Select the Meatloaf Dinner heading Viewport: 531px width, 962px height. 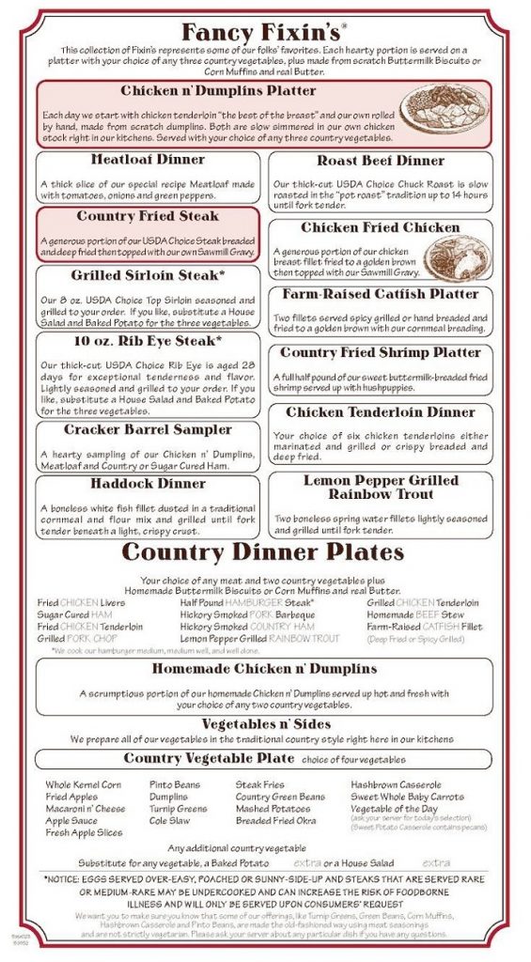click(148, 160)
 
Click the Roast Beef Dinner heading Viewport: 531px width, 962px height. click(381, 161)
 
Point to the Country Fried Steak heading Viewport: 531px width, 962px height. click(148, 218)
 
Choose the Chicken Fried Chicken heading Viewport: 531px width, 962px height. click(381, 227)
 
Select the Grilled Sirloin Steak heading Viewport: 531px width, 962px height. click(148, 276)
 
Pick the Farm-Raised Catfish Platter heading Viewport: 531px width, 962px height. click(381, 294)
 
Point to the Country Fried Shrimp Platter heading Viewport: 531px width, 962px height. click(381, 353)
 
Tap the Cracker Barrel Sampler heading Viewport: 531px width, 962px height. click(148, 430)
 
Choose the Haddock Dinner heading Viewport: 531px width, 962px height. click(148, 484)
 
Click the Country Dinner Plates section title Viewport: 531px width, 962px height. click(263, 551)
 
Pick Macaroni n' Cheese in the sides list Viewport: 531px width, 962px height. click(85, 808)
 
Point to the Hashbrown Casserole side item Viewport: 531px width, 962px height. click(396, 784)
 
